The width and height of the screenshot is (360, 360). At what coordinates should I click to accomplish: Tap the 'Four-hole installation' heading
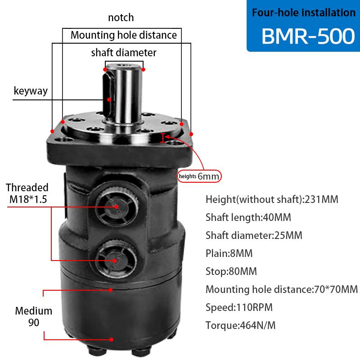304,13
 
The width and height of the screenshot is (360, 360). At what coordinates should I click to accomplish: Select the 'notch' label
121,18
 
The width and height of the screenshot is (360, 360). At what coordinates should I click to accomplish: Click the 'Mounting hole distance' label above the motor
124,35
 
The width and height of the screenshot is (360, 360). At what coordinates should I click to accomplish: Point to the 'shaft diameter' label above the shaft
124,53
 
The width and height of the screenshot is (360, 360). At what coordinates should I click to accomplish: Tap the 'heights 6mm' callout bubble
199,176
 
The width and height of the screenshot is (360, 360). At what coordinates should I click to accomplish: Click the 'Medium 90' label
33,316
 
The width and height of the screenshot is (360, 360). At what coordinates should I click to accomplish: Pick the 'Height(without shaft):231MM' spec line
271,199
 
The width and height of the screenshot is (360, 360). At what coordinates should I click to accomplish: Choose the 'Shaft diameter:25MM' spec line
254,235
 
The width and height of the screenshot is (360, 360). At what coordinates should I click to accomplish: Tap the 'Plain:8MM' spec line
229,253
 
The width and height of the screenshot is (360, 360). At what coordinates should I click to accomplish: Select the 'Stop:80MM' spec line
231,271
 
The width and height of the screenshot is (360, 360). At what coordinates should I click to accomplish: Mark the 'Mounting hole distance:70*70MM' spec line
281,289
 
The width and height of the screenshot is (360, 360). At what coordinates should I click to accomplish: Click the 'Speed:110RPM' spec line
239,307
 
